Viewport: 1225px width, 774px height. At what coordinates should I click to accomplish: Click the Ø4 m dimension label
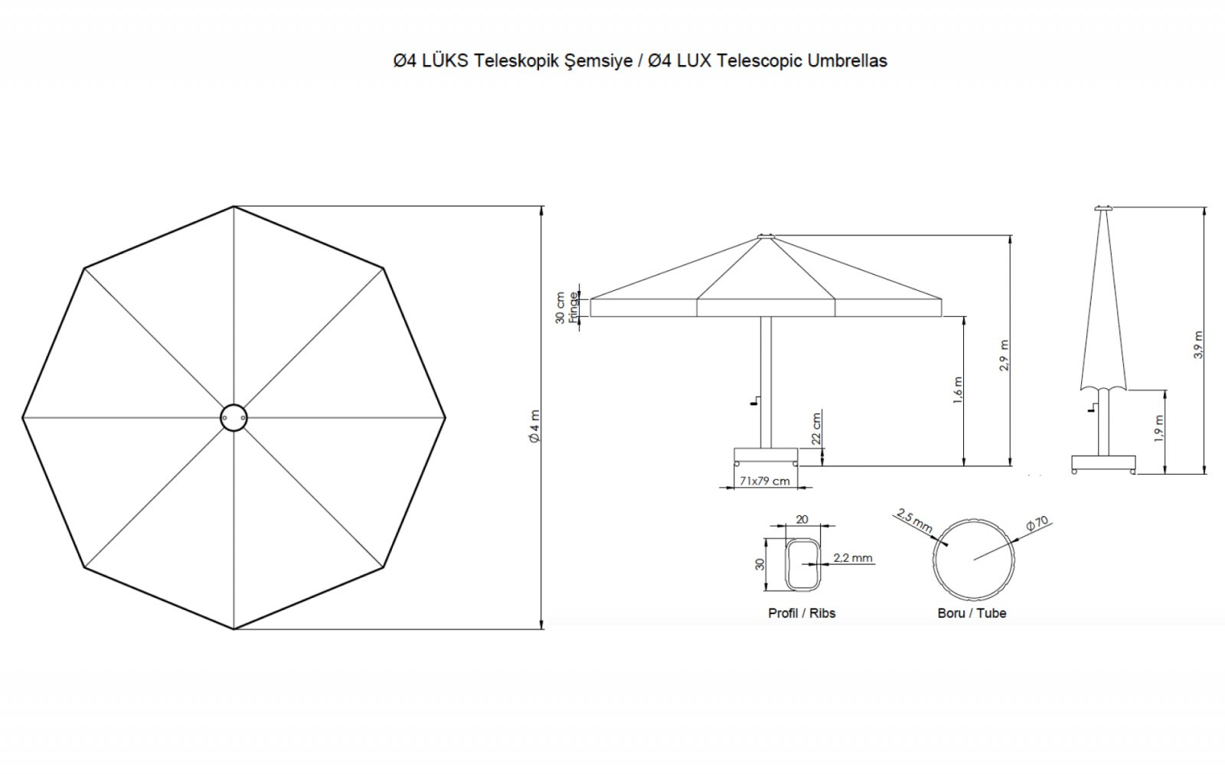[x=535, y=426]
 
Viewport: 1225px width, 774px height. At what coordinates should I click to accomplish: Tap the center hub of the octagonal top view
[x=234, y=418]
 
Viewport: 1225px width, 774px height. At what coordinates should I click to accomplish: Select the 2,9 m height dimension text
[x=1004, y=355]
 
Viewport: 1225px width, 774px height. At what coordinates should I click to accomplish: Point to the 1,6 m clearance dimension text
[x=958, y=390]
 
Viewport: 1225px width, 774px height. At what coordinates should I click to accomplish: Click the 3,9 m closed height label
[x=1198, y=345]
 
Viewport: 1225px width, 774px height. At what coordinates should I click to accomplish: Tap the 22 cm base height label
[x=816, y=428]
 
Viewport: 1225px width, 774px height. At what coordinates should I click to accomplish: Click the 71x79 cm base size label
[x=765, y=481]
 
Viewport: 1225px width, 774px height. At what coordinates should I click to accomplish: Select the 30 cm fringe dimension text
[x=560, y=308]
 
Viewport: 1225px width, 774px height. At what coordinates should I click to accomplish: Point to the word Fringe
[x=573, y=308]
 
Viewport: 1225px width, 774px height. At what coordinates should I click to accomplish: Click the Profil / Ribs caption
[x=802, y=613]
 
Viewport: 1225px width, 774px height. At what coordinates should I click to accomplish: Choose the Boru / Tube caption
[x=972, y=613]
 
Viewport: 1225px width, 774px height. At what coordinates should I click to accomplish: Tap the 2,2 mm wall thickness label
[x=853, y=558]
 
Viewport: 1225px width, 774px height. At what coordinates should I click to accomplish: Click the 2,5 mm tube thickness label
[x=914, y=521]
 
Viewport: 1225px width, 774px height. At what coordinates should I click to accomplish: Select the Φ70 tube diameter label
[x=1037, y=523]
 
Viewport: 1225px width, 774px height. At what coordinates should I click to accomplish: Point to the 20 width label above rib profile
[x=802, y=519]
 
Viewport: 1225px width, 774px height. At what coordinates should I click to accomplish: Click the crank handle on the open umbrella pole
[x=755, y=400]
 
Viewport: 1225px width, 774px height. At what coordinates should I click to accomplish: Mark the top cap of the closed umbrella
[x=1104, y=208]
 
